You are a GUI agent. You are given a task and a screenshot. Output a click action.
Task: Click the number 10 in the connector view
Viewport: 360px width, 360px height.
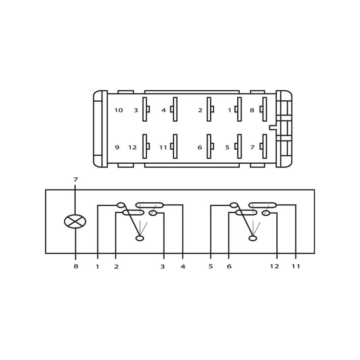[119, 110]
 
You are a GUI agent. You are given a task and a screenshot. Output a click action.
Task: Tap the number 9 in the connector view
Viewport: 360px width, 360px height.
[117, 147]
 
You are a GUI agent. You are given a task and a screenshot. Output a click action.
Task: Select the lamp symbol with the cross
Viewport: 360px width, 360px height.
[75, 221]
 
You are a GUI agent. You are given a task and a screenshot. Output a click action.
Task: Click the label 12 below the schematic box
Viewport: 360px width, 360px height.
[274, 266]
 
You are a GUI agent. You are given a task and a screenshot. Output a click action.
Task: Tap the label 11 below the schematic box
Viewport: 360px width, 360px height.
[296, 266]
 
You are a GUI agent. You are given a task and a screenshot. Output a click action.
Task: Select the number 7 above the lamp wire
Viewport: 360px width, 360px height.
[76, 180]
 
